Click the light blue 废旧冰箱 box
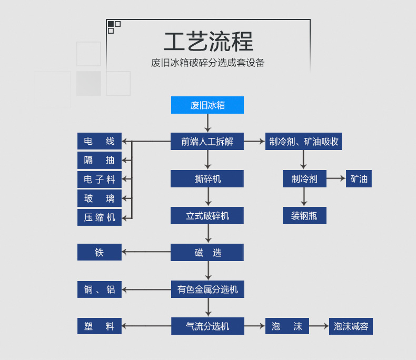[x=207, y=105]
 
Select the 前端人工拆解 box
[x=207, y=141]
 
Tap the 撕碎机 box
[x=207, y=179]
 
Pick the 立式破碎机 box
[x=207, y=216]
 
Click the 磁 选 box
[x=207, y=253]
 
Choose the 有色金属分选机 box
[x=207, y=289]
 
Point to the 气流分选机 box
[x=207, y=326]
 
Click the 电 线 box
[x=100, y=141]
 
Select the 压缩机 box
[x=100, y=217]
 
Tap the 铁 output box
[x=100, y=252]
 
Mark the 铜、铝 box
[x=100, y=289]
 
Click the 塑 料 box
[x=100, y=326]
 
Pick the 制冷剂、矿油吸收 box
[x=303, y=141]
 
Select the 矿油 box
[x=359, y=179]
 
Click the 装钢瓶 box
[x=304, y=216]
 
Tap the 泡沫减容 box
[x=351, y=326]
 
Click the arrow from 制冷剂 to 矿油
[x=336, y=179]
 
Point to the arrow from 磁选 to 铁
[x=146, y=252]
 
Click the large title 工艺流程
[x=209, y=42]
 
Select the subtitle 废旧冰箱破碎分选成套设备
[x=208, y=63]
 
